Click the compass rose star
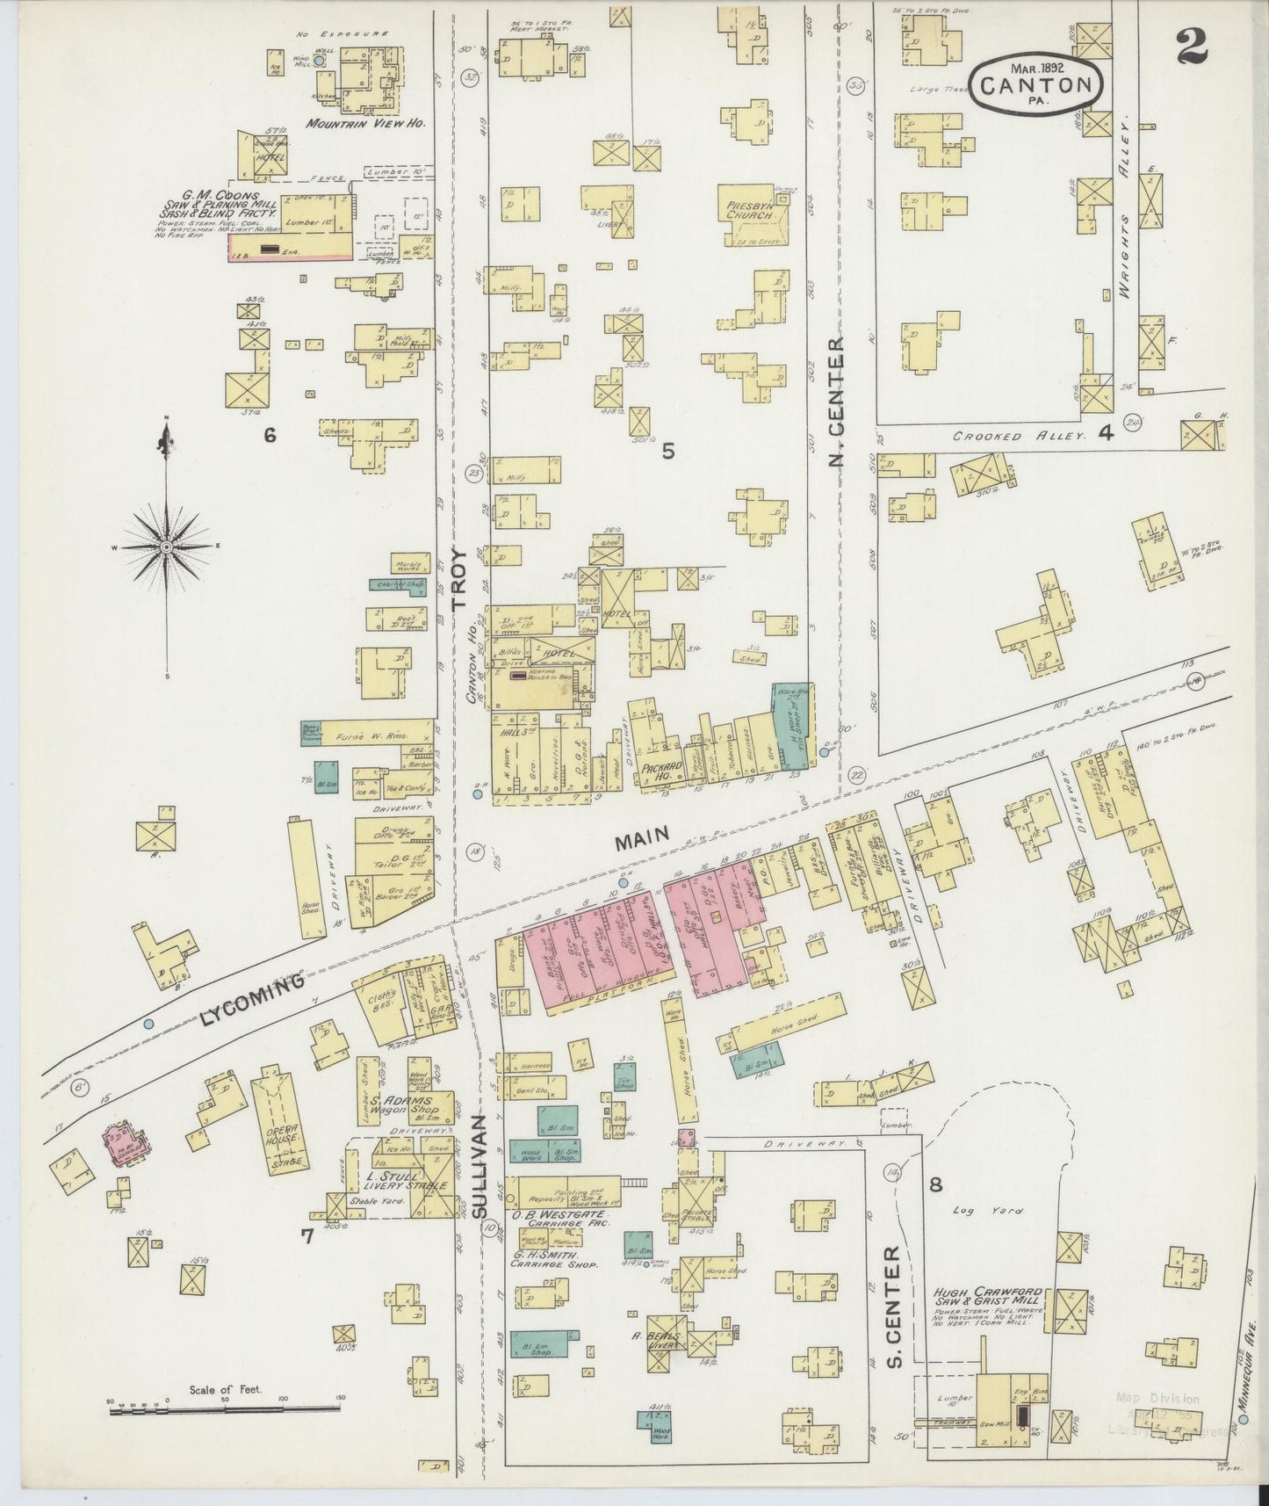[166, 547]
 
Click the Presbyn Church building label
[752, 207]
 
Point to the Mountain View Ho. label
[365, 124]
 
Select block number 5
[668, 451]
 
